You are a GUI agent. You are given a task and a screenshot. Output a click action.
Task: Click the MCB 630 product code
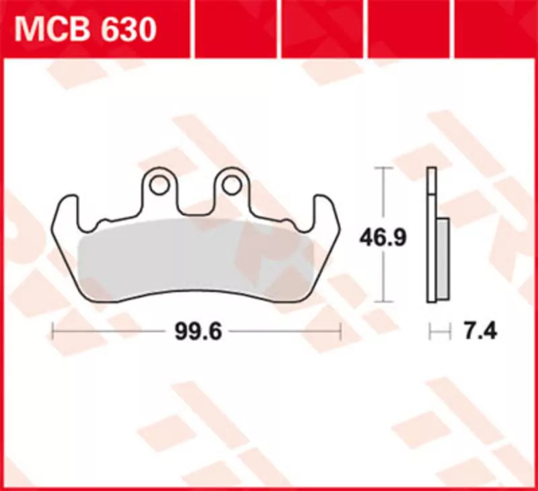(86, 30)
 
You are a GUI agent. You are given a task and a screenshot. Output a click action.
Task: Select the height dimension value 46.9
(383, 237)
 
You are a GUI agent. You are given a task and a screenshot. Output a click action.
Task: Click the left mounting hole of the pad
(159, 184)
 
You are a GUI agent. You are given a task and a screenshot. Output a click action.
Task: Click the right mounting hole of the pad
(231, 184)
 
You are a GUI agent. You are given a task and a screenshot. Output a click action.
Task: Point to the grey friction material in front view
(195, 259)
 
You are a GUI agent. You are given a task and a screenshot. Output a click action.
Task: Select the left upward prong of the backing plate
(67, 209)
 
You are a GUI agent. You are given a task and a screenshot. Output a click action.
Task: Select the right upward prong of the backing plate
(326, 209)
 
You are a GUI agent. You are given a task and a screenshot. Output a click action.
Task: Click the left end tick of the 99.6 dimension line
(53, 331)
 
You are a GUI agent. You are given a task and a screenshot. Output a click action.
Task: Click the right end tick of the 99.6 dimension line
(341, 331)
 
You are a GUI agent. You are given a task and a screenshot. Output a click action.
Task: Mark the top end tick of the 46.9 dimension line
(383, 167)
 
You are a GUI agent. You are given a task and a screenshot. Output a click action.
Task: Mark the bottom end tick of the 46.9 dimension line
(383, 301)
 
